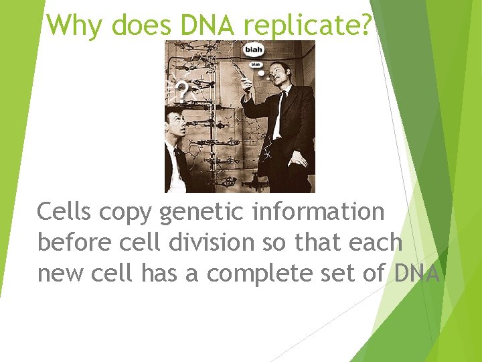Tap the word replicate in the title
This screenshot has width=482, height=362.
307,25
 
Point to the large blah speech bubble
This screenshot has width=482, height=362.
254,50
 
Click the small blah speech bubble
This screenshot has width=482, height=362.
256,65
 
